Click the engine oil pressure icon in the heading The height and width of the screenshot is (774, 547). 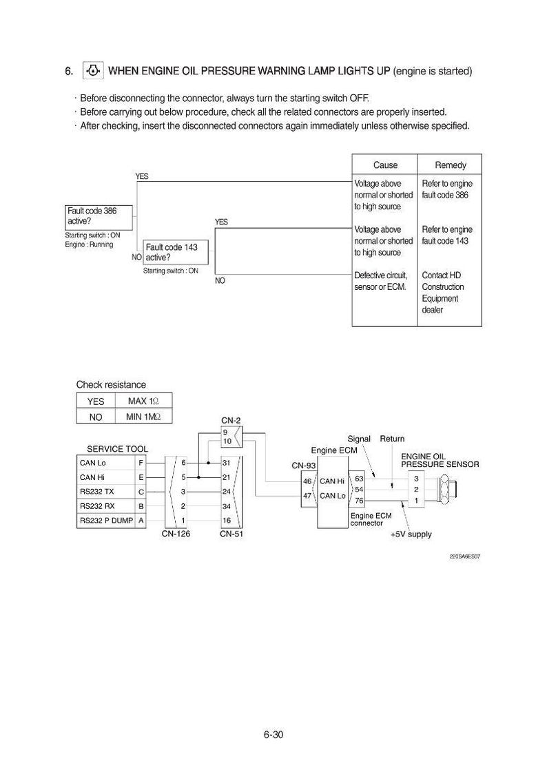click(x=93, y=71)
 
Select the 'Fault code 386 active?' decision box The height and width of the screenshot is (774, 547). click(x=99, y=218)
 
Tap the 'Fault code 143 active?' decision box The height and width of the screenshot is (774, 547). click(x=176, y=252)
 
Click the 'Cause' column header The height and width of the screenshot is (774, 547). click(x=385, y=165)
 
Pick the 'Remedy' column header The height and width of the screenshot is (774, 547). click(x=451, y=165)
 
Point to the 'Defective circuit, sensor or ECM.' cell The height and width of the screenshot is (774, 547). click(x=381, y=281)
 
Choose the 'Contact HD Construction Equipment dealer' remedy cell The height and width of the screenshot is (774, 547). click(x=442, y=292)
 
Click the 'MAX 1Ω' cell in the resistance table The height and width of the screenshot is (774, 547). click(x=143, y=401)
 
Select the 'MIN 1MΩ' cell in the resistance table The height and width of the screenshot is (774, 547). click(x=143, y=417)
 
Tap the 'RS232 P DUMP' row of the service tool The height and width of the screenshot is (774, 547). click(x=111, y=521)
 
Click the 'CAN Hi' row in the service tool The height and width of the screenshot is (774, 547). click(x=111, y=477)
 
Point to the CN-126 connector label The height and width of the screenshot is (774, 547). click(x=176, y=534)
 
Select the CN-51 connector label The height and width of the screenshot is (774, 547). click(x=231, y=534)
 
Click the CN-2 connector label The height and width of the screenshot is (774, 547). click(x=231, y=421)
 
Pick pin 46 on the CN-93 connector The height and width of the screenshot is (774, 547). click(x=307, y=481)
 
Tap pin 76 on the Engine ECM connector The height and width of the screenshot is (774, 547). click(x=359, y=501)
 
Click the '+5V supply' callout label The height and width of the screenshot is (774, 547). click(x=411, y=534)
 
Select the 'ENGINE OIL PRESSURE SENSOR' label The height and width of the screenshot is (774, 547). click(x=440, y=460)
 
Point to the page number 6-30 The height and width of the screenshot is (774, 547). click(x=273, y=735)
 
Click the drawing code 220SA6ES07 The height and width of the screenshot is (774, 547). click(x=465, y=556)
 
